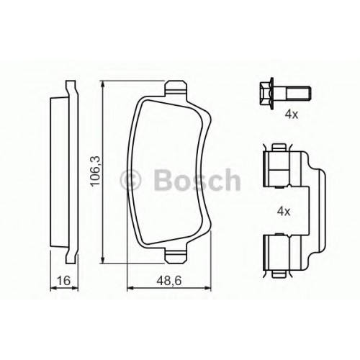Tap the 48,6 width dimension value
(169, 281)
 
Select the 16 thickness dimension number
(64, 281)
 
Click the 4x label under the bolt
(292, 114)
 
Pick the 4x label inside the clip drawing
(284, 212)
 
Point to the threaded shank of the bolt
(299, 94)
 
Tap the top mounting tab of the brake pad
(176, 89)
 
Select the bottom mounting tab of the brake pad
(176, 256)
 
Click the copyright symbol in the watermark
(131, 180)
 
